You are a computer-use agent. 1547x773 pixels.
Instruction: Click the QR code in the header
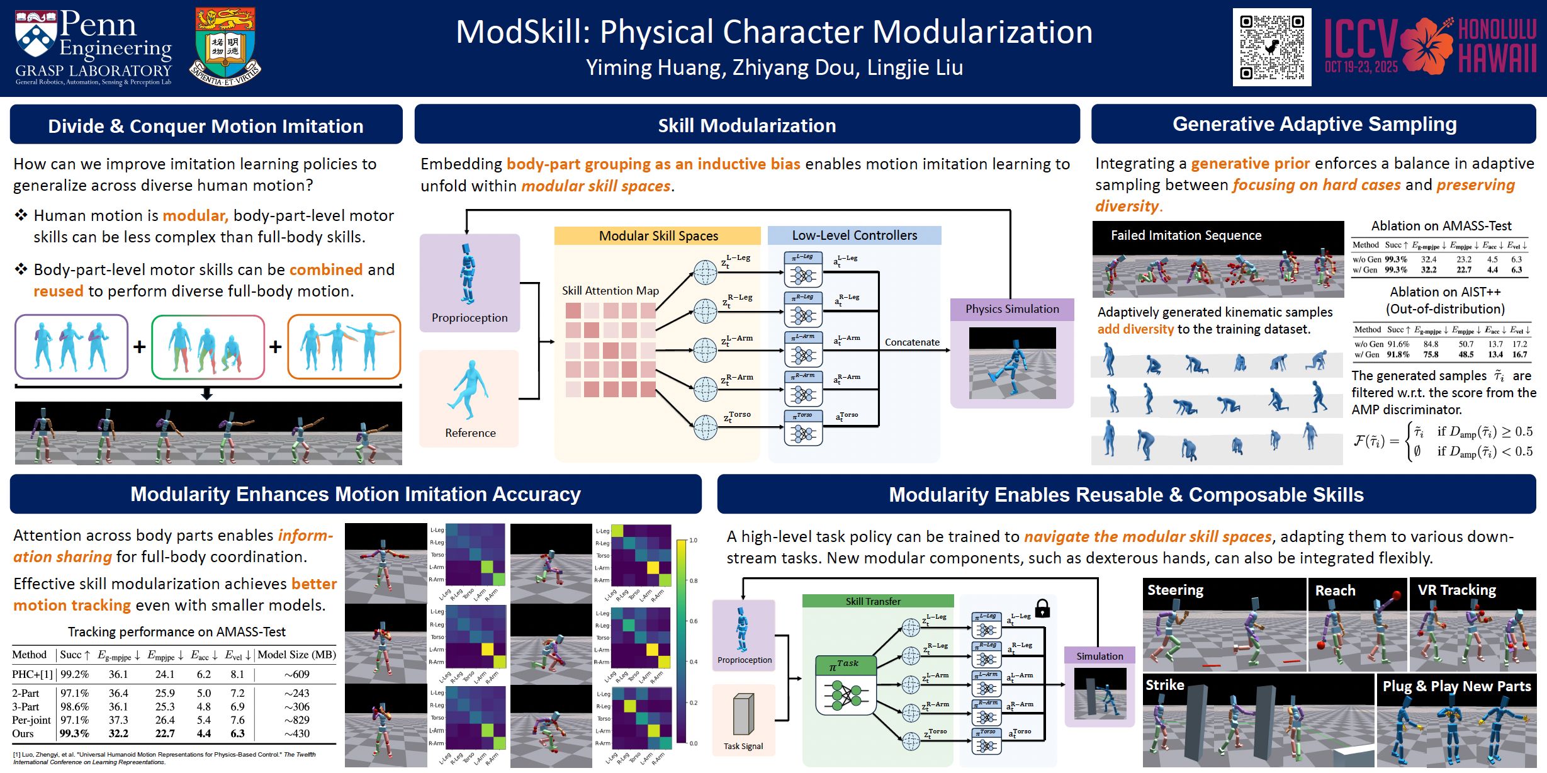(x=1271, y=47)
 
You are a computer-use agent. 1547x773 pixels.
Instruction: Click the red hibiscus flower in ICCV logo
(x=1427, y=45)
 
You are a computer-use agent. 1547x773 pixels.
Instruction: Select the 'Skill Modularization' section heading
(x=746, y=125)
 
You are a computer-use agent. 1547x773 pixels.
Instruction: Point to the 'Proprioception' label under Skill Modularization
(x=470, y=318)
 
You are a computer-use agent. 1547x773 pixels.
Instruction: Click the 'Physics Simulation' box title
(x=1012, y=309)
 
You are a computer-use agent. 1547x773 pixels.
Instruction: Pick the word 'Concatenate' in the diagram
(x=912, y=342)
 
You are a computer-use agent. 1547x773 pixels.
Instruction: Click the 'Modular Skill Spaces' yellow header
(x=658, y=236)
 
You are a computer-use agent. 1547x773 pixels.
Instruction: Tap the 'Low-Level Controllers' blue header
(x=854, y=235)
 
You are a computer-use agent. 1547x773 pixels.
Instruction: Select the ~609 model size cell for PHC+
(x=296, y=675)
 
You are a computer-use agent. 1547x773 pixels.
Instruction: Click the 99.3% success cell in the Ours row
(x=74, y=733)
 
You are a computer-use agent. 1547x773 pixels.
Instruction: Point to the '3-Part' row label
(x=26, y=707)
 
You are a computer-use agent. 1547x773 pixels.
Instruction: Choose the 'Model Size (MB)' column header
(x=296, y=655)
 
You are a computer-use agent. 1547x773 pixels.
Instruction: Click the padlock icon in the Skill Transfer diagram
(x=1042, y=608)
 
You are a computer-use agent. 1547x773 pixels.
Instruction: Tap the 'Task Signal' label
(x=743, y=747)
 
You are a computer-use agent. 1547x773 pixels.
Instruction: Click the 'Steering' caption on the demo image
(x=1175, y=590)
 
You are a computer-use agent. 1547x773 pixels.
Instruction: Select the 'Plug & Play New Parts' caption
(x=1456, y=686)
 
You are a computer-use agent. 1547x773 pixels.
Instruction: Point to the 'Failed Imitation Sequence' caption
(x=1186, y=235)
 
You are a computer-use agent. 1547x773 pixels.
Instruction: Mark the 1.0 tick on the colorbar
(x=693, y=540)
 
